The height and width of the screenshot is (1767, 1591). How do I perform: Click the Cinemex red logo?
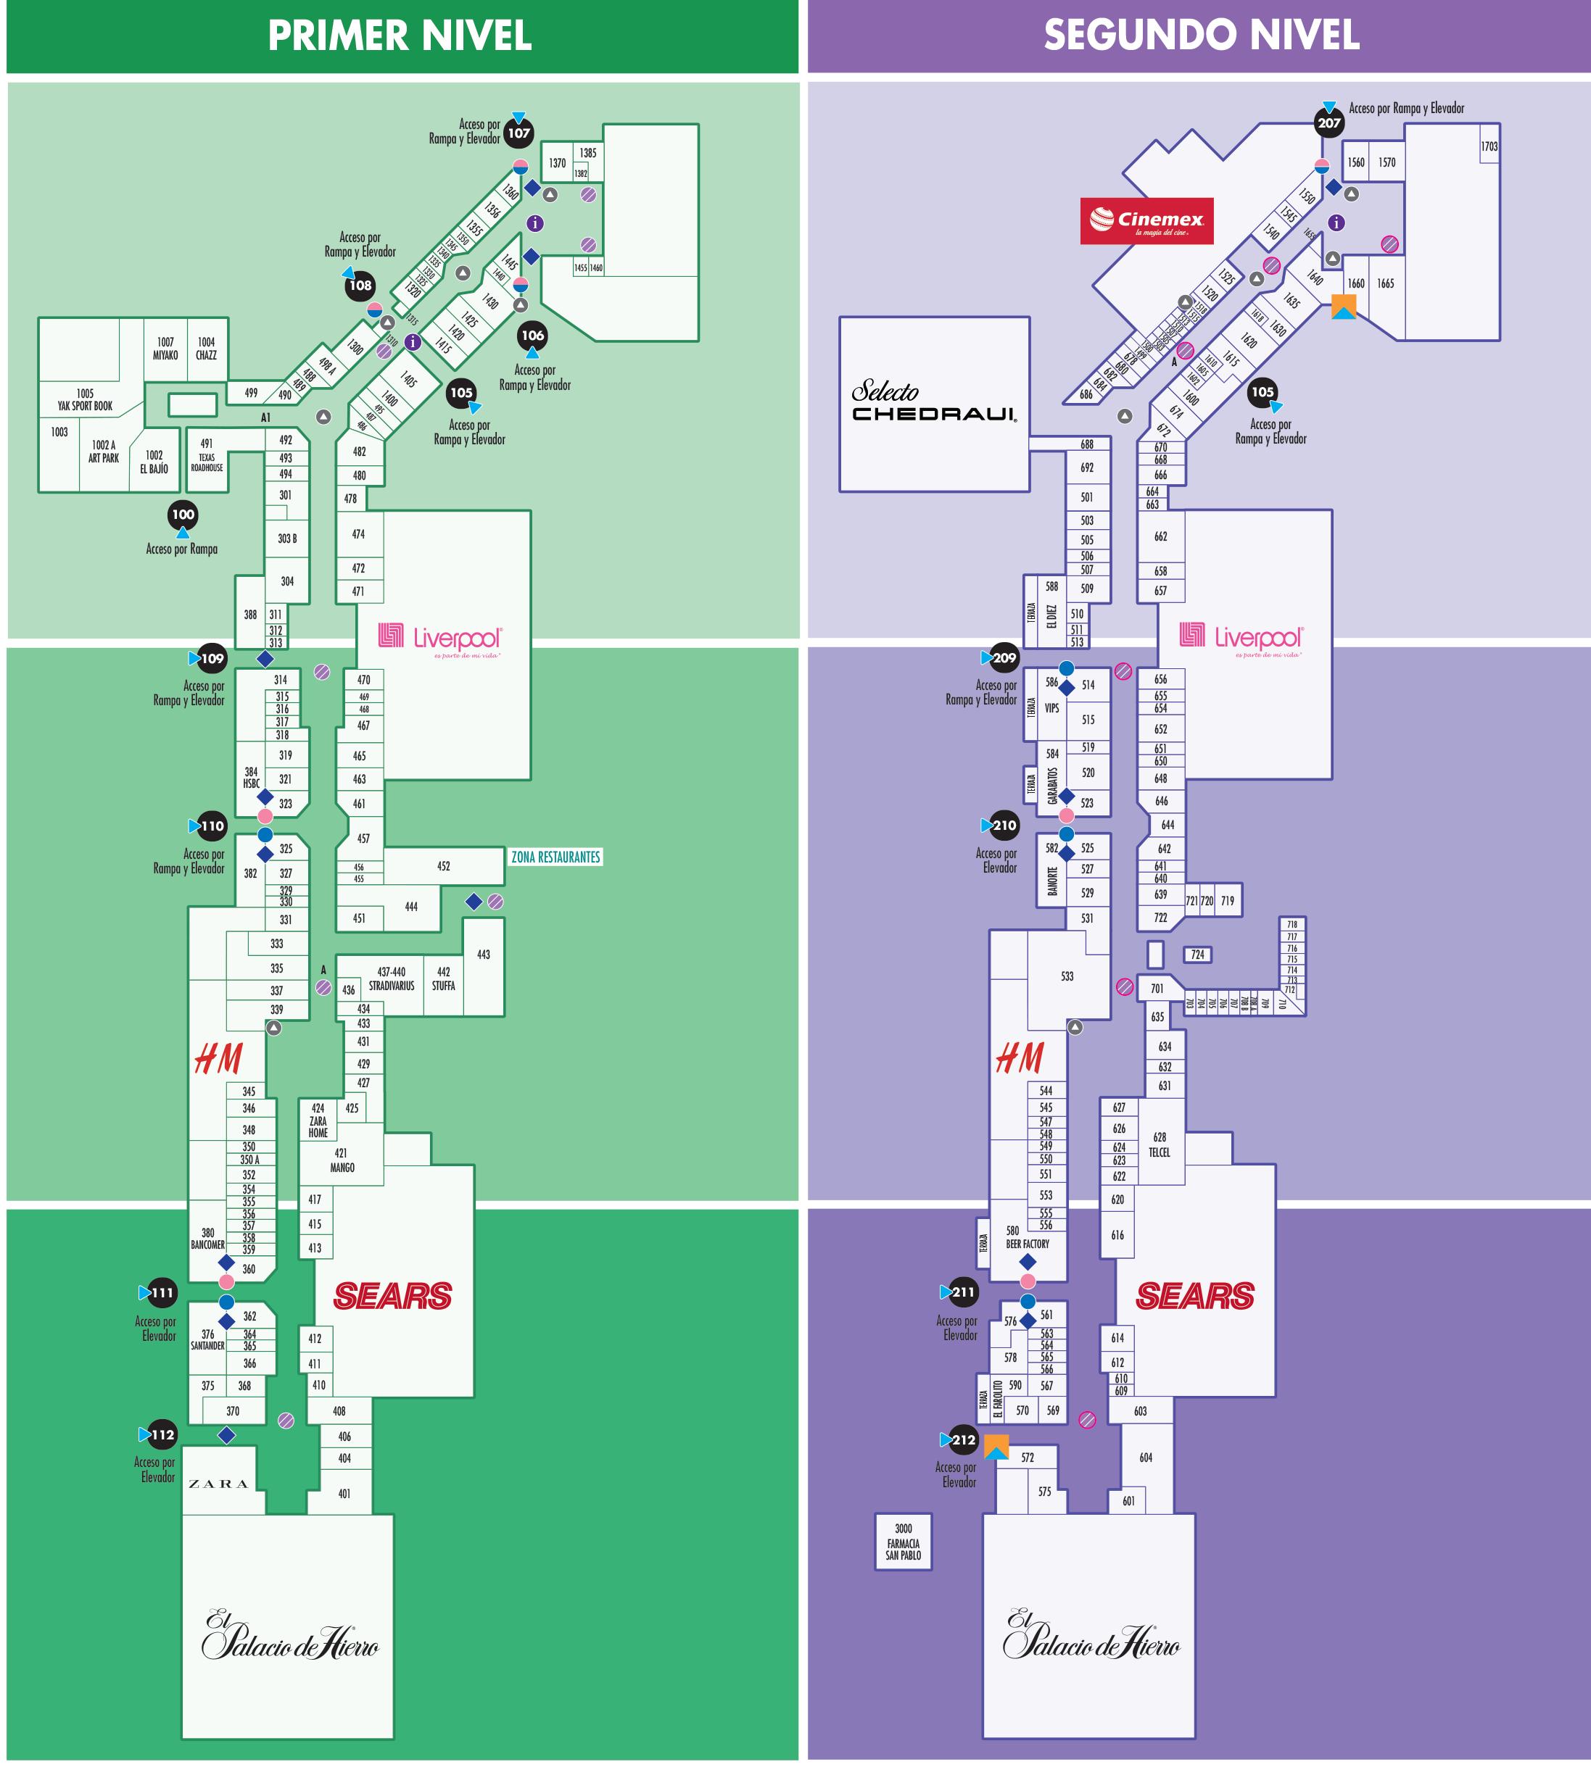click(1146, 220)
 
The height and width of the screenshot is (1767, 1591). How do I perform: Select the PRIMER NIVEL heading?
click(400, 36)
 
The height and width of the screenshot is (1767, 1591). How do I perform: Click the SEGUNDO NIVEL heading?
click(1201, 35)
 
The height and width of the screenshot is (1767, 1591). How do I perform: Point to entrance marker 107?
click(519, 133)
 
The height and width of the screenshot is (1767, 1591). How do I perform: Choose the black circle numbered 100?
click(183, 514)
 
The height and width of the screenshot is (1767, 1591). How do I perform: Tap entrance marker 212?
click(963, 1439)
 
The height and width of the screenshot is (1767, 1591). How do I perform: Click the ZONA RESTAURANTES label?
click(556, 857)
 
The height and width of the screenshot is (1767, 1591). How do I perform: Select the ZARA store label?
click(218, 1484)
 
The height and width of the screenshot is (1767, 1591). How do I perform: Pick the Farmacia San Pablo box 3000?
click(903, 1542)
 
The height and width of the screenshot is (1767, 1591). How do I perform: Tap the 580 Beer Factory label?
click(1027, 1237)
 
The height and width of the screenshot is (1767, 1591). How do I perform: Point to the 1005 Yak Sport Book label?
click(85, 400)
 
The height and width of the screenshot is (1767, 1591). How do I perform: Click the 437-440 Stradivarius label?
click(391, 978)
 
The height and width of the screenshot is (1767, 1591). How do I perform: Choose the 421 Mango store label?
click(342, 1160)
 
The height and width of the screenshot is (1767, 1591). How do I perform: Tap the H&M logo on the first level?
click(218, 1058)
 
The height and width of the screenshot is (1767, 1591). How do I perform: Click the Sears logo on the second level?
click(1195, 1295)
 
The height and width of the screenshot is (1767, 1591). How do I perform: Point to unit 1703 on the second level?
click(1489, 147)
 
